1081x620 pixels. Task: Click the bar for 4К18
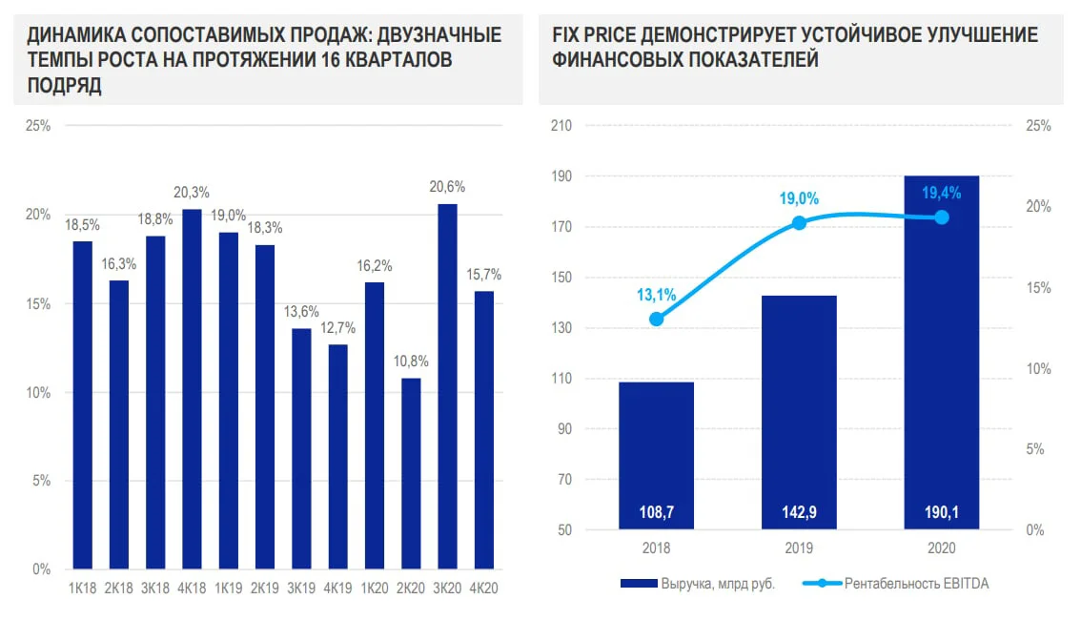192,389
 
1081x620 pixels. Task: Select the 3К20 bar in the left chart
447,386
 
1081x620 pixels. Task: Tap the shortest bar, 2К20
411,474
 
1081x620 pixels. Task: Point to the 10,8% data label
411,362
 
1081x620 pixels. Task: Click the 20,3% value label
192,193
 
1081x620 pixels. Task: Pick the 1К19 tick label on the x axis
228,589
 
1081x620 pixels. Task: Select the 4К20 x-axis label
483,589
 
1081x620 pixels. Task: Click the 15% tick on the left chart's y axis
38,303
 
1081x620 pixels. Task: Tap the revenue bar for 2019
799,412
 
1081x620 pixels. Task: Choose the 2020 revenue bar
942,352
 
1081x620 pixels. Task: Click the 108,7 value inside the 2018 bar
656,512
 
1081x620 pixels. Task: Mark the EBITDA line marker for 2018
656,320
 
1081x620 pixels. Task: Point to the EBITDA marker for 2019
799,223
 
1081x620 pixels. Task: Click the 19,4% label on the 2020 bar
942,193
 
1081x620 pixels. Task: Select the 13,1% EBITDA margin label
656,295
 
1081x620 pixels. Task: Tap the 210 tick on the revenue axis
561,126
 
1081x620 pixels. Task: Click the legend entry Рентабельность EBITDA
895,584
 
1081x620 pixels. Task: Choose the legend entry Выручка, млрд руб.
698,584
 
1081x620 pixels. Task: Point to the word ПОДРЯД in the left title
64,86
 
